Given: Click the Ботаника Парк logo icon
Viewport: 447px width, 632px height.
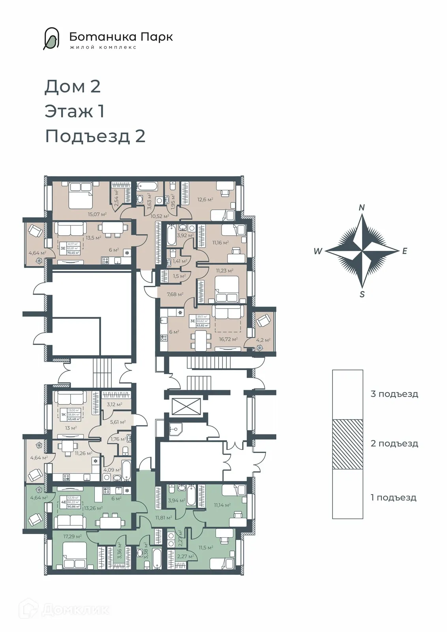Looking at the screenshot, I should pos(51,39).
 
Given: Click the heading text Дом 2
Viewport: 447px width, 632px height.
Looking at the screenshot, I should pos(73,87).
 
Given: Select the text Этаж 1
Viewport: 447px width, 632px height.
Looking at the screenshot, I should pos(75,111).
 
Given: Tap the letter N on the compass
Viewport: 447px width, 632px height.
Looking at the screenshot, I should pos(362,208).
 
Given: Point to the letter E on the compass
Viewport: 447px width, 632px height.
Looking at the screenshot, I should pos(404,251).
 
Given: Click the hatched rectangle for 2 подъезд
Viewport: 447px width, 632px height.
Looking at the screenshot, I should pos(347,444).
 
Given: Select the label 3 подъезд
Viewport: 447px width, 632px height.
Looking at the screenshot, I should pos(394,394).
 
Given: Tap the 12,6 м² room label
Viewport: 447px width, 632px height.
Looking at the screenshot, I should pos(205,199).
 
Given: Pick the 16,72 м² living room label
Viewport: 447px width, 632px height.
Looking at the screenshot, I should pos(228,339).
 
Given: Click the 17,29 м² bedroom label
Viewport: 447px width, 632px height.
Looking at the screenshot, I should pos(72,536).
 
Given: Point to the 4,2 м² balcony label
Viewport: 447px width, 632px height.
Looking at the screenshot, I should pos(263,340).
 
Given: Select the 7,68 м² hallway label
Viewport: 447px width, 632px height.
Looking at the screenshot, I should pos(175,294).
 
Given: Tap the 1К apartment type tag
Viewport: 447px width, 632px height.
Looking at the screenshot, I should pos(63,415).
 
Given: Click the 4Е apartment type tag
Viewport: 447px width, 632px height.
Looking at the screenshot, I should pos(63,503).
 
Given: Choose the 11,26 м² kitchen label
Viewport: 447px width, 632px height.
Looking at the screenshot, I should pos(83,453).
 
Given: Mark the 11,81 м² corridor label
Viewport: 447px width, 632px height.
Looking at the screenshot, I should pos(163,517).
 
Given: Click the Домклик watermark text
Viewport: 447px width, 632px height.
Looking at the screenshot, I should pos(75,610).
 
